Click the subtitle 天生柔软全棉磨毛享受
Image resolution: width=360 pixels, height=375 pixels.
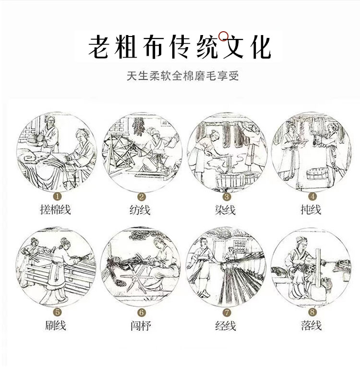click(x=180, y=76)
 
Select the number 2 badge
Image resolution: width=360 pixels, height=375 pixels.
click(x=142, y=196)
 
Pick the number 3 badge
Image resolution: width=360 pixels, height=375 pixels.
click(x=227, y=196)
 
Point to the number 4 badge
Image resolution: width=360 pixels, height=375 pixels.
click(x=312, y=196)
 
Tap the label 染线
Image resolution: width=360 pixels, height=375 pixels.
click(x=226, y=210)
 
